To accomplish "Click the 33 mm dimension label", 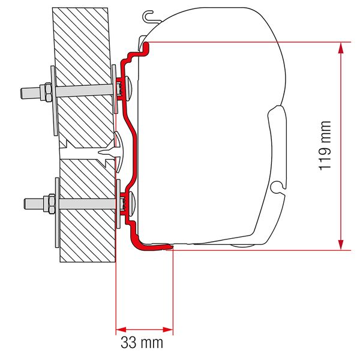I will pyautogui.click(x=145, y=343).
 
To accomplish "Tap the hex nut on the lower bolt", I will pyautogui.click(x=45, y=201).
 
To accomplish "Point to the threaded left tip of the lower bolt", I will pyautogui.click(x=26, y=201).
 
